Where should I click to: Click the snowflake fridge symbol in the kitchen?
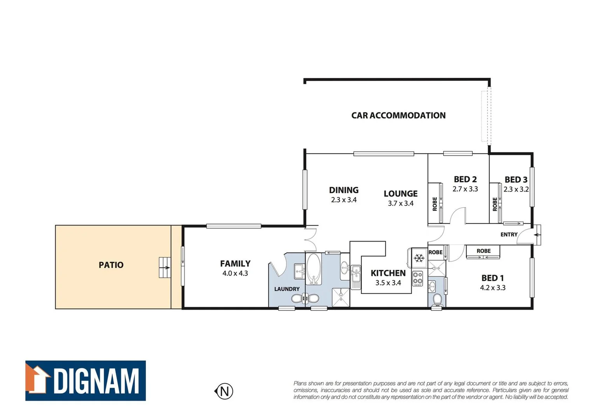pos(419,257)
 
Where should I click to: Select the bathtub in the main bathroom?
pos(313,269)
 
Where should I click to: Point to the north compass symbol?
pos(224,391)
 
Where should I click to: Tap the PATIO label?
pos(111,265)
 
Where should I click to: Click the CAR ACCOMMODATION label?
pos(398,115)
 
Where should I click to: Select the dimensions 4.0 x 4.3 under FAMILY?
pos(235,273)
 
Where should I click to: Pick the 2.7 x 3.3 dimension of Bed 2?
pos(465,189)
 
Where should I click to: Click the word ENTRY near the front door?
pos(509,234)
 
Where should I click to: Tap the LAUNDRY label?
pos(287,289)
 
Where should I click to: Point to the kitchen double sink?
pos(356,277)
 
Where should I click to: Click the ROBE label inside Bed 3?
pos(495,204)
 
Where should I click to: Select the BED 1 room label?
pos(493,278)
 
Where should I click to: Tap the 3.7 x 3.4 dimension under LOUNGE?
pos(401,203)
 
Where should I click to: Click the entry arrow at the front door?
pos(537,235)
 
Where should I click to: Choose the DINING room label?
pos(344,190)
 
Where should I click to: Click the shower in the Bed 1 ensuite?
pos(437,268)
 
